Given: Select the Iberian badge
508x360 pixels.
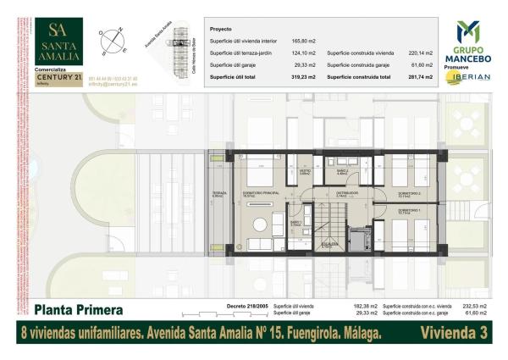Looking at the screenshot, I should (467, 75).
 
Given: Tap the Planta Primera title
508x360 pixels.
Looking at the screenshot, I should (80, 310).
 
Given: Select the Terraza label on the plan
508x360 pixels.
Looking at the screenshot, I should (218, 194).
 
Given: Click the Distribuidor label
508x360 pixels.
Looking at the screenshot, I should (347, 194).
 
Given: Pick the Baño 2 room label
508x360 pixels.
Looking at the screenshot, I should (343, 172).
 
